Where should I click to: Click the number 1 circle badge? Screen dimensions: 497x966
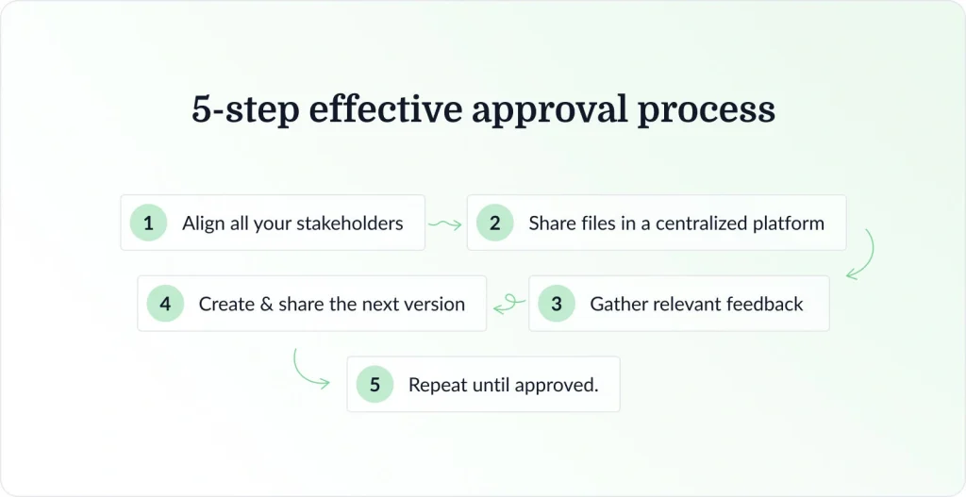tap(148, 224)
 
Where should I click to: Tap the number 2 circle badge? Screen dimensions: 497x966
tap(494, 224)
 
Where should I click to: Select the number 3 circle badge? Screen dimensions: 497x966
tap(557, 304)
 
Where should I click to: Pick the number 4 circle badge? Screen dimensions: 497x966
tap(165, 304)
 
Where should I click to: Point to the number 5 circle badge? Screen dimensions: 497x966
tap(375, 385)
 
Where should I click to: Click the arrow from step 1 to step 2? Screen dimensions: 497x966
tap(444, 224)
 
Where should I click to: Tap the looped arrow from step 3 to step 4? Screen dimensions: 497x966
tap(509, 304)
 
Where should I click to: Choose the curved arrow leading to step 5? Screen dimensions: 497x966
tap(309, 370)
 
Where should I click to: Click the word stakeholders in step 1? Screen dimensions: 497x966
tap(350, 224)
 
